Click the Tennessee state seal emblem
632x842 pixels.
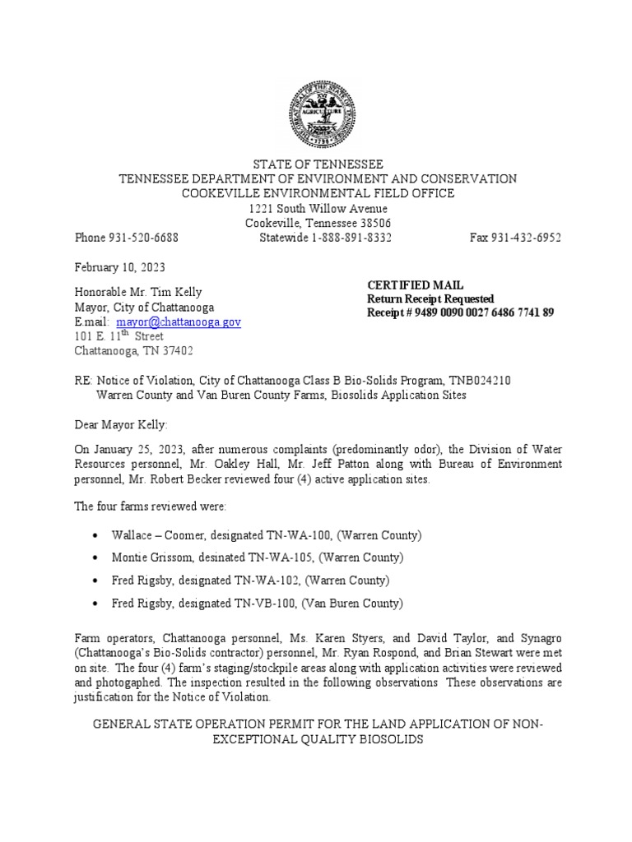tap(320, 115)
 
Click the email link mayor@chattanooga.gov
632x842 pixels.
tap(179, 322)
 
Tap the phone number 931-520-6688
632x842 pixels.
tap(144, 238)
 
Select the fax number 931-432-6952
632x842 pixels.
tap(527, 238)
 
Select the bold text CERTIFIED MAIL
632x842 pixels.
tap(415, 285)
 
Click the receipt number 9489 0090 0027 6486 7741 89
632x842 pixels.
tap(478, 312)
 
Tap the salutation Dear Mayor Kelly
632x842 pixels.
tap(121, 424)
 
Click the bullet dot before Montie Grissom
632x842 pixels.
tap(97, 558)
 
